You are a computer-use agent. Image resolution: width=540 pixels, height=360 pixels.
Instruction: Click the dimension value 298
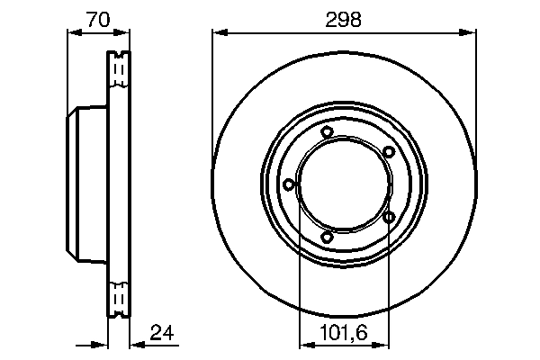(x=344, y=20)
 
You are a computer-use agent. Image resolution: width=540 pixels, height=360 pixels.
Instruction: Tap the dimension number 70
(x=99, y=20)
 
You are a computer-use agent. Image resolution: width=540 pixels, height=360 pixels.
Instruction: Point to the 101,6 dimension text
(x=343, y=333)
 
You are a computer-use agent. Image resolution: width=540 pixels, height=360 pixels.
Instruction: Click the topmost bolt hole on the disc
(x=327, y=133)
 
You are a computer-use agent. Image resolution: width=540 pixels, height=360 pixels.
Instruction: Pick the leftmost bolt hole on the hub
(x=288, y=184)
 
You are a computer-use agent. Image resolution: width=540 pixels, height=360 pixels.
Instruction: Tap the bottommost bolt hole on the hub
(x=327, y=237)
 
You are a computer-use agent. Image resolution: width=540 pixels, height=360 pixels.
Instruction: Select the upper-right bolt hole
(x=388, y=151)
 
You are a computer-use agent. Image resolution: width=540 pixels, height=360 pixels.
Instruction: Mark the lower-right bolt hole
(x=389, y=216)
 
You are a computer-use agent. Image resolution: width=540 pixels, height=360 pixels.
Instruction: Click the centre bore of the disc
(x=344, y=184)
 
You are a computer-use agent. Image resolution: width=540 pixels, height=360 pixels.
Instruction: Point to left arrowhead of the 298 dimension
(x=219, y=33)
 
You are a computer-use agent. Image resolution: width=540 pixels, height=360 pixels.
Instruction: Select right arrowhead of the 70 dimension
(x=124, y=33)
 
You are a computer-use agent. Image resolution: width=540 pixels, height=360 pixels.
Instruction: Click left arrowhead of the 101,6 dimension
(x=303, y=343)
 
